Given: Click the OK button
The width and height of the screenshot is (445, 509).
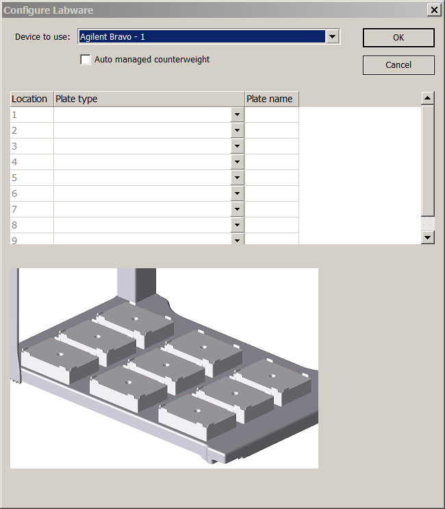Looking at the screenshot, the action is (398, 38).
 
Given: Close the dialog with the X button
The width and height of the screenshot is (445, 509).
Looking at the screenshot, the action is (434, 10).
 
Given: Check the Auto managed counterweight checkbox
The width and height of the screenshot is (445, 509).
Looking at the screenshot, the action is (86, 60).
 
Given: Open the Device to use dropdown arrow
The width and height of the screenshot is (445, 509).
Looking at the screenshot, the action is (332, 36).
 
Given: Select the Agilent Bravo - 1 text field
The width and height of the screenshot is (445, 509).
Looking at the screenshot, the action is (202, 36).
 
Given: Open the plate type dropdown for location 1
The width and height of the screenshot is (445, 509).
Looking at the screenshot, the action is (238, 115).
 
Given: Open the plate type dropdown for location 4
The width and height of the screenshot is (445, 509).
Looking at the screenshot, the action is (238, 162).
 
